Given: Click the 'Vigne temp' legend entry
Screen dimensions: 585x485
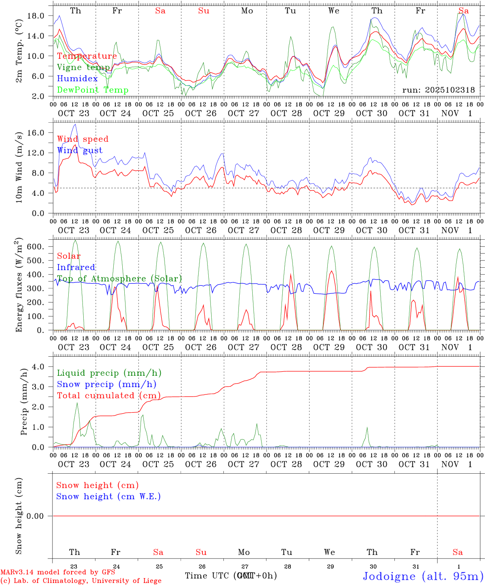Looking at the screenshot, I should (83, 67).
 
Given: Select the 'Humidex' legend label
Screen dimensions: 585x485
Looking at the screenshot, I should (77, 78).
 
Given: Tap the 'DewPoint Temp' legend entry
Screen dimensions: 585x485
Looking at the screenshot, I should (93, 90).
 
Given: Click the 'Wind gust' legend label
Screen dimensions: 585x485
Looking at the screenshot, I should (80, 150).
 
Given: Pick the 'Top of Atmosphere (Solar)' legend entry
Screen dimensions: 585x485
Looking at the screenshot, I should (119, 279).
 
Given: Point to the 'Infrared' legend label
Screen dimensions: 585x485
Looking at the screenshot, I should (76, 267).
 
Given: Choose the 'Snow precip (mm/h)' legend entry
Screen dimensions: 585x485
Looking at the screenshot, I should (106, 384).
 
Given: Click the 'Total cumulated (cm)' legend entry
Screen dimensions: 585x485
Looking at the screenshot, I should (108, 396).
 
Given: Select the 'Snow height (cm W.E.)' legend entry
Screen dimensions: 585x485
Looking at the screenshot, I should (108, 496).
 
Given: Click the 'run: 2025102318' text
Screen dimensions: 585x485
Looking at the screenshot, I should (438, 90).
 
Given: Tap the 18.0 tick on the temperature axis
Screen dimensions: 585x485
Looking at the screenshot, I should (37, 16).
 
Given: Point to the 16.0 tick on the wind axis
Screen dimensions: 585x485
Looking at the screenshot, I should (37, 133).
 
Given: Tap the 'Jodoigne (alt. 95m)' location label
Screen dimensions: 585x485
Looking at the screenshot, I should (423, 576).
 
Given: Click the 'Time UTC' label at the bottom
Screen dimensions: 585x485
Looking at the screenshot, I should (208, 576).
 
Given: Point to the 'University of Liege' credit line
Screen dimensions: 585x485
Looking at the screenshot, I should (81, 581).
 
